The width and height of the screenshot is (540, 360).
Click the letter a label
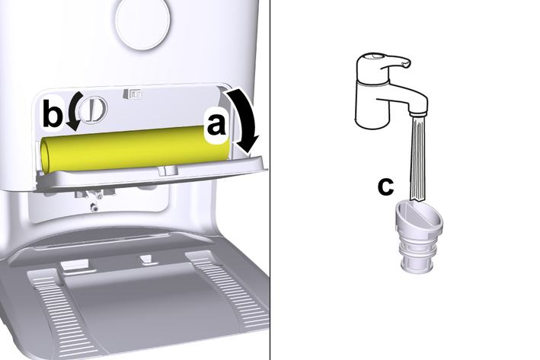tap(216, 125)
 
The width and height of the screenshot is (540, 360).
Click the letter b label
tap(53, 113)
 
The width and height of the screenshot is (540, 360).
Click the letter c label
tap(385, 186)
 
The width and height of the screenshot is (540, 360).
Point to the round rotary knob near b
tap(93, 109)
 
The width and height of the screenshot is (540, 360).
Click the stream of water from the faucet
tap(417, 158)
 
